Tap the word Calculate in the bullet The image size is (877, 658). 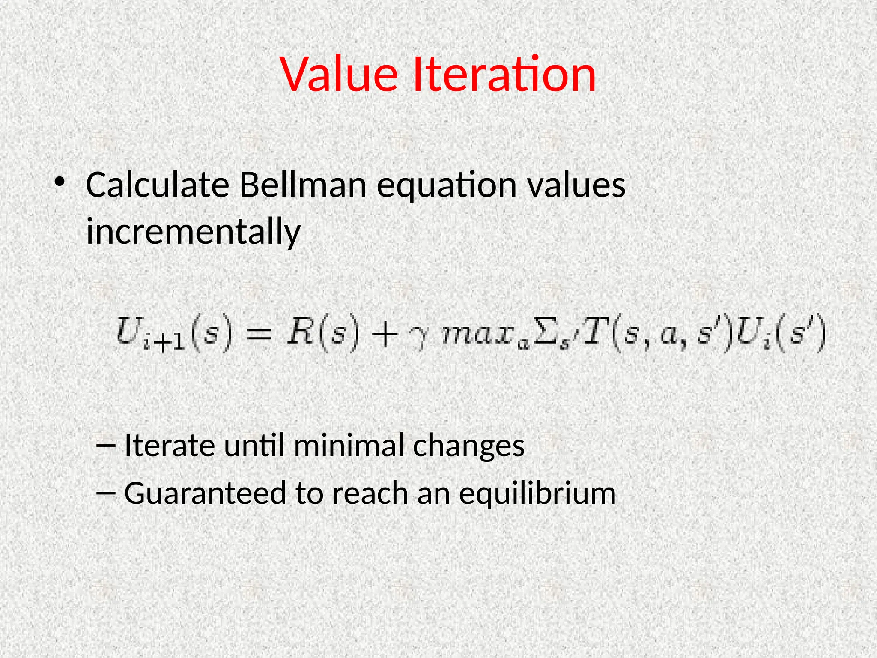pos(158,185)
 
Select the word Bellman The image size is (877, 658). pos(303,185)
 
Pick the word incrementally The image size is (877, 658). pos(193,231)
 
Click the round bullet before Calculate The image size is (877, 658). pos(60,183)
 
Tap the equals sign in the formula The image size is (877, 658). pos(258,334)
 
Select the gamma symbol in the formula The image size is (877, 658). pos(418,338)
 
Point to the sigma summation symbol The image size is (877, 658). pos(545,334)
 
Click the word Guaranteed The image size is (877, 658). pos(205,493)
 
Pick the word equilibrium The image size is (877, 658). pos(537,494)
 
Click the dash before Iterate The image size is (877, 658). pos(106,446)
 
